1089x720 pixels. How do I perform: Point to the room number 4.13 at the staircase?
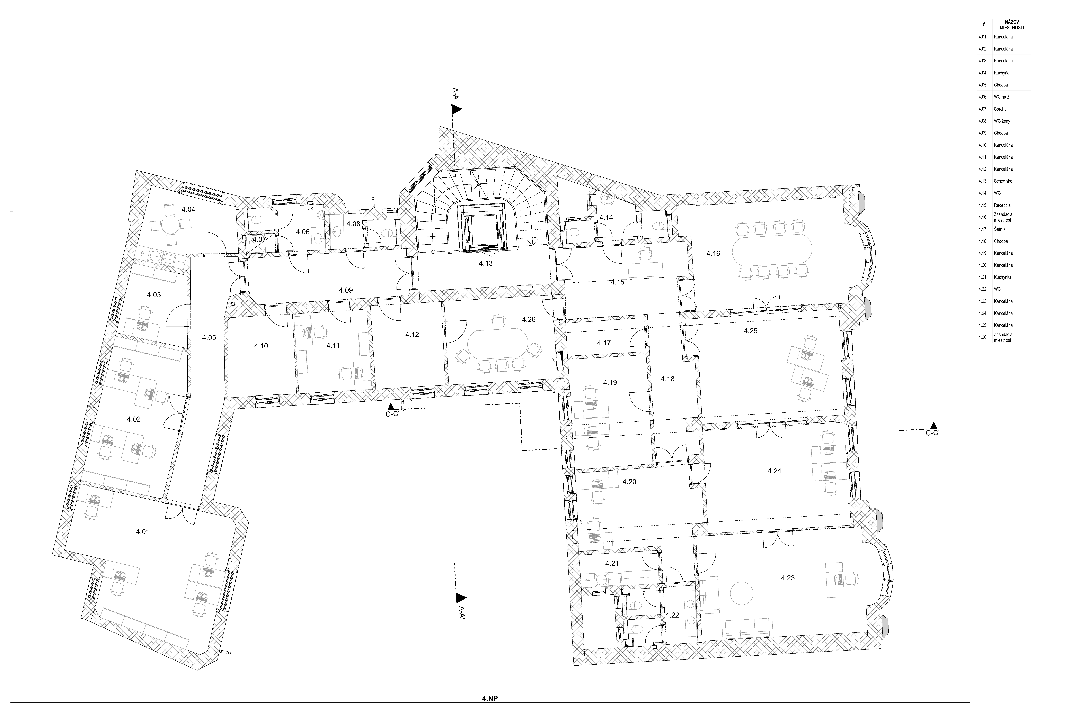pos(486,264)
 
